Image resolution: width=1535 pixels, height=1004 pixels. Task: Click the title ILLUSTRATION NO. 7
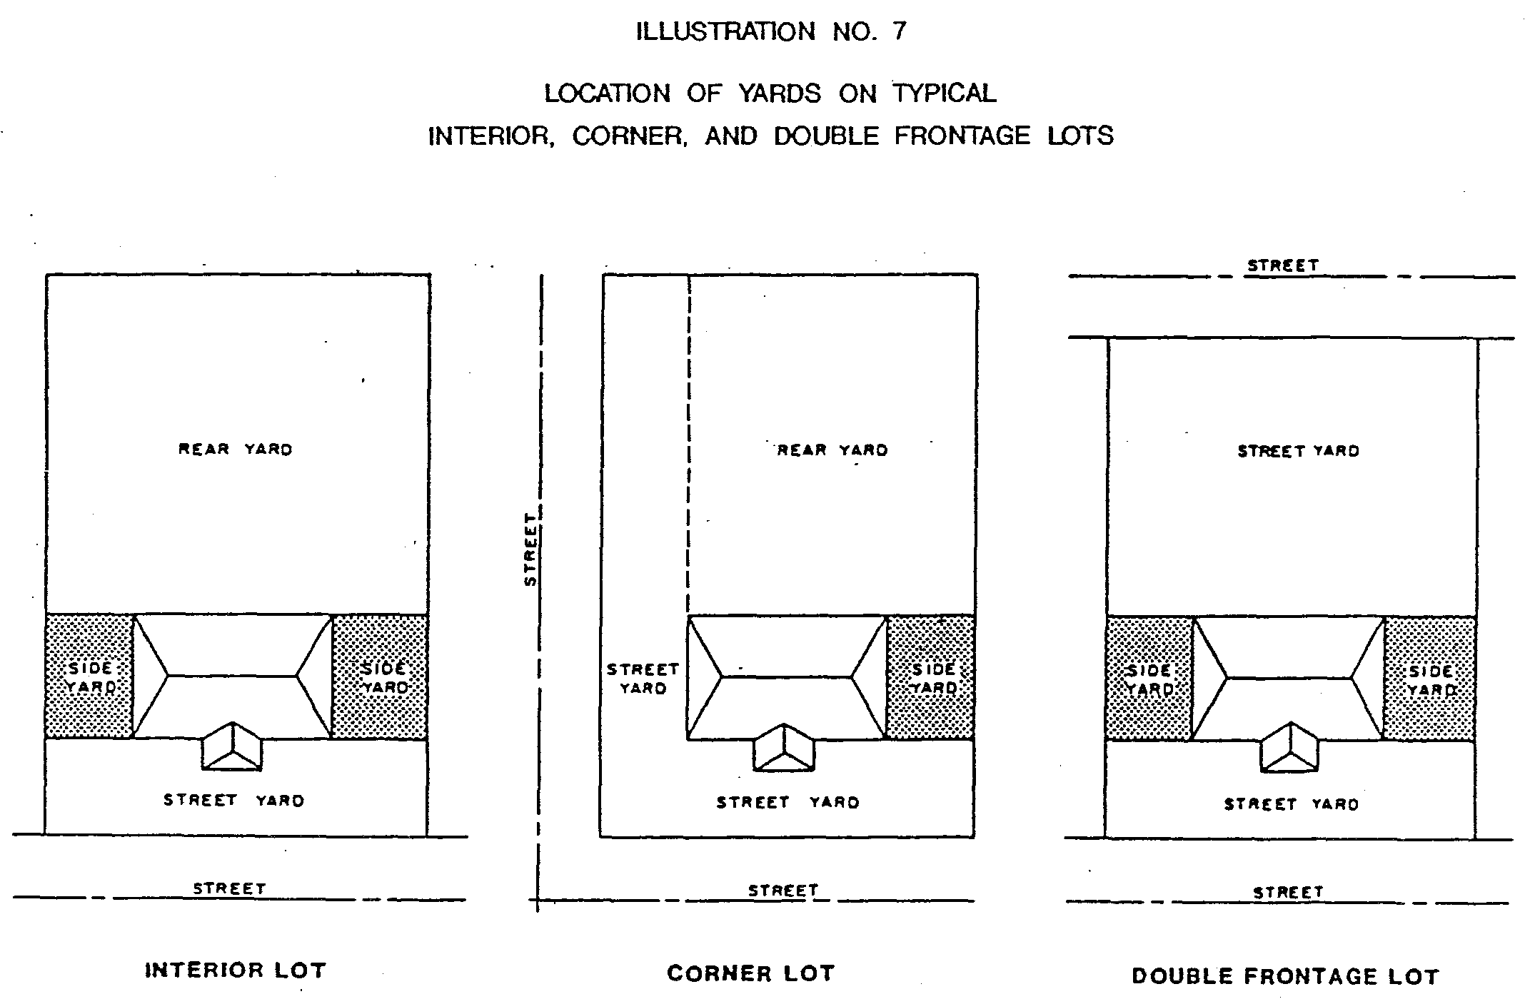click(x=771, y=32)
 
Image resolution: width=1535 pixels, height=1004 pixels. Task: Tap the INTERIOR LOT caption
click(x=236, y=970)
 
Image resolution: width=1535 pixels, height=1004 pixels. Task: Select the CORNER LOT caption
click(x=750, y=973)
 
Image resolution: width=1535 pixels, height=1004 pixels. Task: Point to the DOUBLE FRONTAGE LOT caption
click(x=1285, y=976)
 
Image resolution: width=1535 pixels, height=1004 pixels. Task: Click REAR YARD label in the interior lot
click(x=236, y=450)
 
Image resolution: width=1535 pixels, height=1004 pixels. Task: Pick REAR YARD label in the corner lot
click(x=832, y=450)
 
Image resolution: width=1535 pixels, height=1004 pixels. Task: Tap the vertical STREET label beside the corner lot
click(x=530, y=549)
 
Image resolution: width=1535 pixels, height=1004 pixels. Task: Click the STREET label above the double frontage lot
click(x=1283, y=265)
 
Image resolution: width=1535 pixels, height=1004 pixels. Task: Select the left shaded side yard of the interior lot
click(x=90, y=676)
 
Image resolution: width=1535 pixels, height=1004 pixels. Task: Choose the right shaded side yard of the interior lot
click(x=381, y=676)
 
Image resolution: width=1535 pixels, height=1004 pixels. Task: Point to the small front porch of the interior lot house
click(x=232, y=747)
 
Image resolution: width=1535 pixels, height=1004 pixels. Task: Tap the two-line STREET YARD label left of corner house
click(x=643, y=679)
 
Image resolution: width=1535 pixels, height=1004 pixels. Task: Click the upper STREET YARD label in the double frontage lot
click(x=1298, y=451)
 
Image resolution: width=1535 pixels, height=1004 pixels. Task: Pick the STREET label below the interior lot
click(x=229, y=889)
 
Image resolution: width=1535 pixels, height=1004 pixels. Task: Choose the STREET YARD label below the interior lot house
click(x=234, y=801)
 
